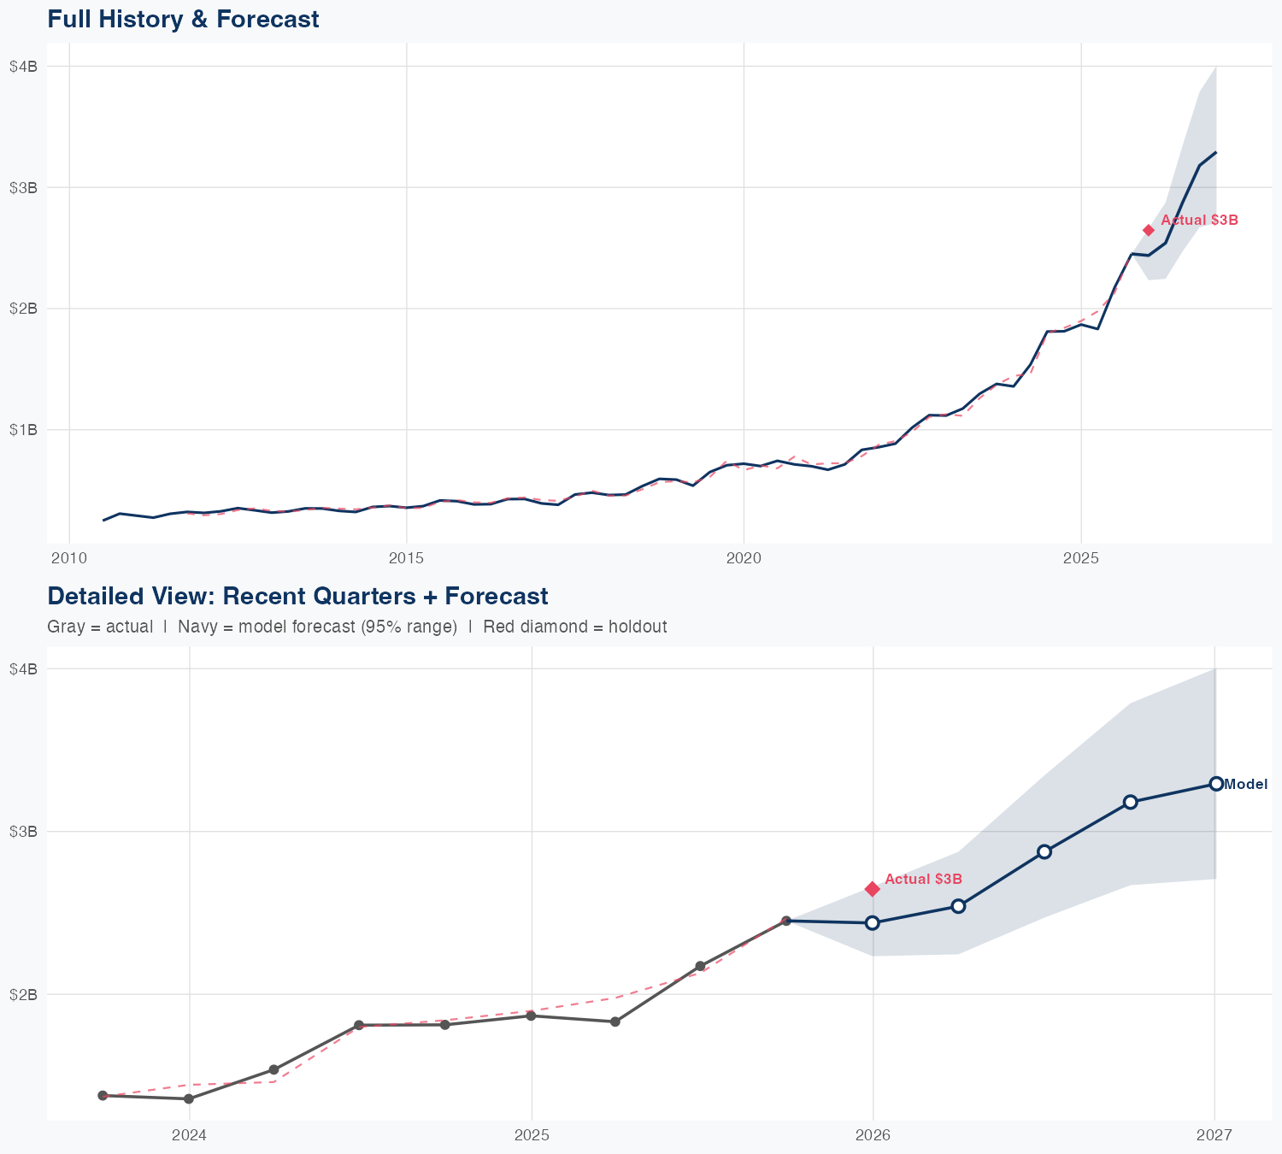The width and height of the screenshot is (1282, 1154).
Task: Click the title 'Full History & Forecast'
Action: (x=183, y=19)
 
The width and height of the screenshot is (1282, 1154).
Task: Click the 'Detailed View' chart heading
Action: (x=297, y=596)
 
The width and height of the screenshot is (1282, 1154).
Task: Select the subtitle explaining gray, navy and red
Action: (x=356, y=627)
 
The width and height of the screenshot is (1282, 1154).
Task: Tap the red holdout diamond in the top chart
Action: (x=1149, y=230)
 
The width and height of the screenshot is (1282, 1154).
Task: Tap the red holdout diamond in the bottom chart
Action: (x=873, y=889)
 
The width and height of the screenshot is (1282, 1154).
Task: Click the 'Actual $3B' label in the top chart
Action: (x=1199, y=221)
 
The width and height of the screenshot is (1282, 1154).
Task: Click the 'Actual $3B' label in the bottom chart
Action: (x=923, y=879)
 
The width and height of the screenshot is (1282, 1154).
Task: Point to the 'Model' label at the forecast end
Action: (x=1245, y=784)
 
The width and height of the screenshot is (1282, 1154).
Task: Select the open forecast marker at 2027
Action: (x=1215, y=784)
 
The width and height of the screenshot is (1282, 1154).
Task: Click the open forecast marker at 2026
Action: (x=873, y=922)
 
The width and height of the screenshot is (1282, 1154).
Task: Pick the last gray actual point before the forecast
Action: (x=786, y=921)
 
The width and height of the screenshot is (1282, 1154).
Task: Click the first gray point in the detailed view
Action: (x=103, y=1095)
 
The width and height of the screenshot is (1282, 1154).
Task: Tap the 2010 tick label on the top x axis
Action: (x=69, y=559)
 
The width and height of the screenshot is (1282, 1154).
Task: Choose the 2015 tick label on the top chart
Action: (x=406, y=559)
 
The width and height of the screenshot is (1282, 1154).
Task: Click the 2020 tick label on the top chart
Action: (x=744, y=559)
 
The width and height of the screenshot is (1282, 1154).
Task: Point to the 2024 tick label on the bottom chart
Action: (x=189, y=1135)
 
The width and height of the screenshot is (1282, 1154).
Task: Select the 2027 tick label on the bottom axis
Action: (x=1214, y=1135)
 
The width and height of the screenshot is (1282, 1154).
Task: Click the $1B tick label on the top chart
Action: (x=23, y=429)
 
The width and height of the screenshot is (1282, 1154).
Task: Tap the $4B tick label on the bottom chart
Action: (x=23, y=668)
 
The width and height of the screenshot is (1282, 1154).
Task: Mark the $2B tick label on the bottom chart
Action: (x=23, y=994)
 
